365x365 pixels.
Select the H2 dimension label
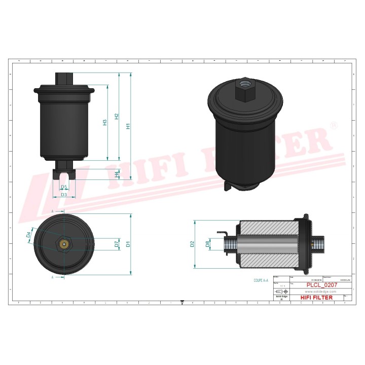tap(117, 117)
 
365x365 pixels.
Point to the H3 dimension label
tap(105, 122)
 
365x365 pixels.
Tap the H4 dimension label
tap(117, 174)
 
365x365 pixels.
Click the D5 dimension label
tap(64, 187)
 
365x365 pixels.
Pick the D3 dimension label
tap(64, 195)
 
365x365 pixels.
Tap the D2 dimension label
tap(192, 244)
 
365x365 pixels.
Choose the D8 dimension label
tap(207, 244)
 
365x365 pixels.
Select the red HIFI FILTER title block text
tap(317, 298)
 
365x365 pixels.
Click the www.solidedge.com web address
tap(320, 292)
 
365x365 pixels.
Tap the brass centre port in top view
tap(63, 245)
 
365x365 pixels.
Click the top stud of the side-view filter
tap(64, 79)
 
